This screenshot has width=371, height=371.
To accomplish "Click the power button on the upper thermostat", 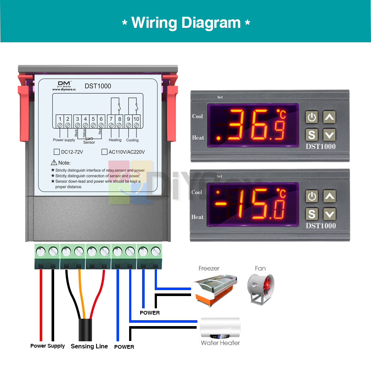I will (x=312, y=118).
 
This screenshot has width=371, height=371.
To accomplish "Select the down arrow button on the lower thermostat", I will (x=329, y=214).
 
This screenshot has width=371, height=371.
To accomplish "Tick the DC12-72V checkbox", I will (x=57, y=152).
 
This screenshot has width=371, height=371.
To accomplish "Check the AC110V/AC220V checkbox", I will (x=104, y=152).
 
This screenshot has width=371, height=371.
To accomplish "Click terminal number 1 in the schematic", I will (x=60, y=119).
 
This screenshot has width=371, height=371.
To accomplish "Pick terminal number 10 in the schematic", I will (x=136, y=119).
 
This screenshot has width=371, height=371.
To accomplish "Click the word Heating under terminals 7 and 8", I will (x=115, y=140).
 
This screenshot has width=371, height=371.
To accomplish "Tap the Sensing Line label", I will (x=89, y=346).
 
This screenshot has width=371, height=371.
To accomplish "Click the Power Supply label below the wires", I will (x=47, y=346).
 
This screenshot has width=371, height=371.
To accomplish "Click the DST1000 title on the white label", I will (x=98, y=86).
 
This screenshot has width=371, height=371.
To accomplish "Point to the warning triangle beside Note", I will (x=54, y=162).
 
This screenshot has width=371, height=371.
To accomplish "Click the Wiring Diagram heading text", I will (x=186, y=23).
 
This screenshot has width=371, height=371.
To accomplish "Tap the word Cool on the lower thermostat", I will (x=197, y=192).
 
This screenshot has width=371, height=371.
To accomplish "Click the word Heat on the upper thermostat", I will (x=198, y=138).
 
